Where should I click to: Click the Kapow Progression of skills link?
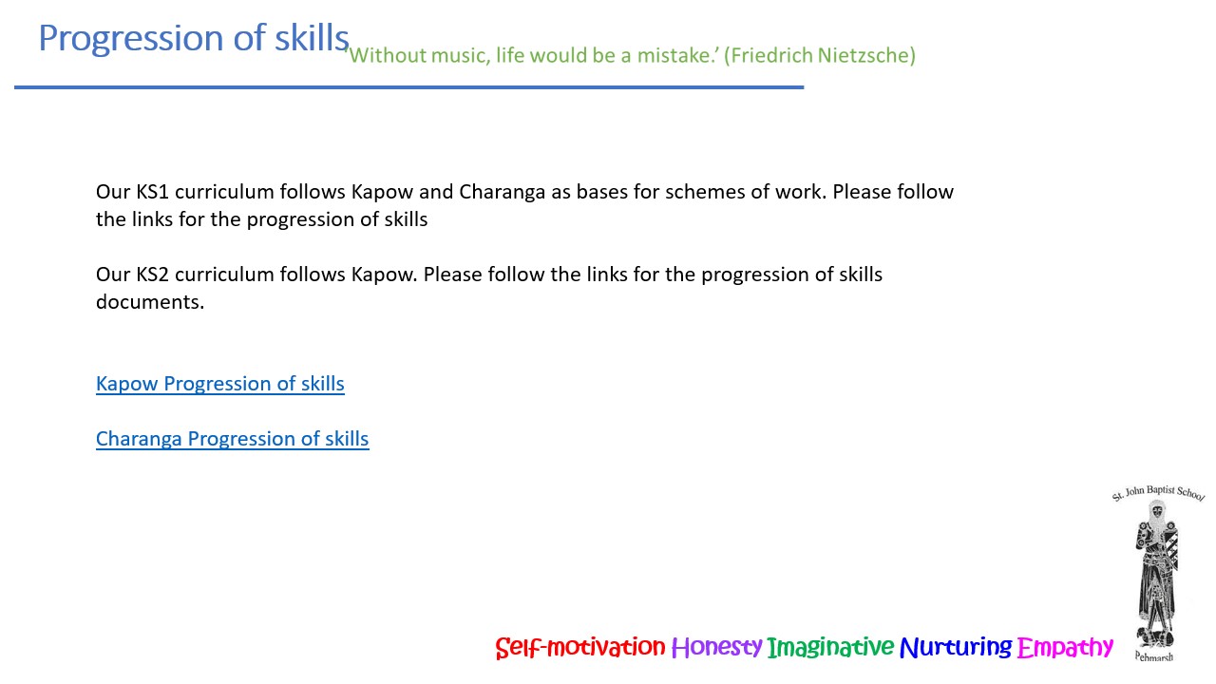coord(219,384)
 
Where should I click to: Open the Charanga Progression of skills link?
coord(233,439)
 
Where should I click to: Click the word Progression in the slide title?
coord(131,39)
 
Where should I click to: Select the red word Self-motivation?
coord(579,647)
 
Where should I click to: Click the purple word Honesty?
coord(716,647)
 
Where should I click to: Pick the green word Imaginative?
coord(830,647)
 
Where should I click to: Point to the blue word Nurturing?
coord(956,647)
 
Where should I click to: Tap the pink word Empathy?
coord(1065,647)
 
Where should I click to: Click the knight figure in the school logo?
coord(1156,575)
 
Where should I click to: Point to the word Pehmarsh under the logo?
coord(1154,656)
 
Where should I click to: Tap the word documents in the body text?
coord(150,302)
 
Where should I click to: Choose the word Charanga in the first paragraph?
coord(503,193)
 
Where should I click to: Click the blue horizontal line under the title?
coord(408,86)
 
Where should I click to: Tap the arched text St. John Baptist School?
coord(1158,492)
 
